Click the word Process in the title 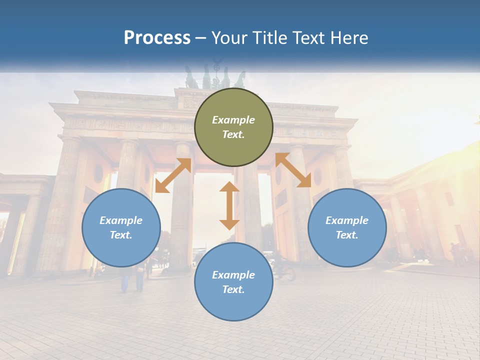pos(157,37)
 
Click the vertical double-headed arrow pos(229,205)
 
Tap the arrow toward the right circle pos(293,170)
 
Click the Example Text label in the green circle pos(233,127)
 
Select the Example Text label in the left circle pos(121,227)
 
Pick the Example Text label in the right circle pos(347,227)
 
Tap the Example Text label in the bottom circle pos(233,282)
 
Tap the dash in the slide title pos(200,38)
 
